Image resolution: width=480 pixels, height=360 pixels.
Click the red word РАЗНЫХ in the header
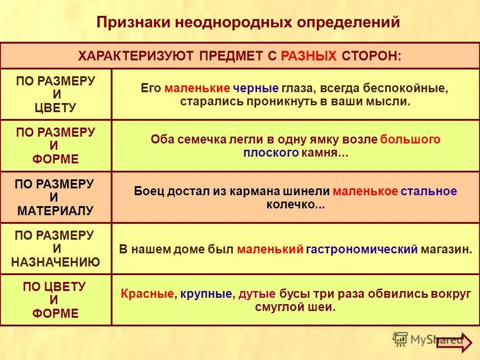tap(309, 56)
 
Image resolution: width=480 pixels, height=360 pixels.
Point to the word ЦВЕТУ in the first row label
tap(56, 108)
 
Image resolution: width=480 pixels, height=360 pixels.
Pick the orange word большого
tap(410, 139)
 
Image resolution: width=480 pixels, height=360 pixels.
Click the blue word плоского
tap(270, 153)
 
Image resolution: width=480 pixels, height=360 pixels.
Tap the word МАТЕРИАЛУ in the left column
tap(55, 211)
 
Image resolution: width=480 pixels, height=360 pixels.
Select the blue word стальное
tap(429, 191)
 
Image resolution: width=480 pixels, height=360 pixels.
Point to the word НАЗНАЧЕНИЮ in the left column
tap(55, 262)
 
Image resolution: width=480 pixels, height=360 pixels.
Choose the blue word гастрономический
tap(362, 249)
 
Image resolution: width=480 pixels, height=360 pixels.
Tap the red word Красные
tap(147, 294)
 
